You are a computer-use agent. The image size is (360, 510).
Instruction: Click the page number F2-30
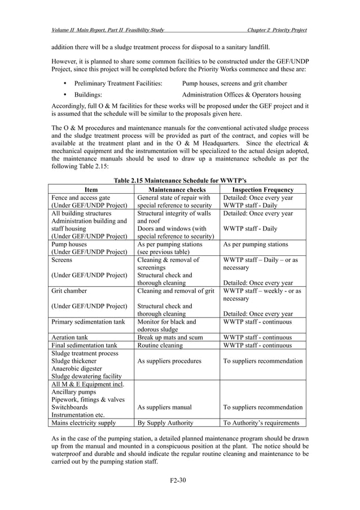coord(179,481)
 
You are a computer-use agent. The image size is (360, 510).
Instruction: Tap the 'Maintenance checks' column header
coord(176,190)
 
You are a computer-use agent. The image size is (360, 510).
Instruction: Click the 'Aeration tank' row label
coord(72,337)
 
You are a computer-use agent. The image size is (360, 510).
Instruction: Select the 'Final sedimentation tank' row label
coord(84,345)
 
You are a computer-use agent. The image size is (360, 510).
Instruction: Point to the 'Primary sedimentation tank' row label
coord(87,322)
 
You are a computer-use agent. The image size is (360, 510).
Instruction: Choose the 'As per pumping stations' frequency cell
coord(256,245)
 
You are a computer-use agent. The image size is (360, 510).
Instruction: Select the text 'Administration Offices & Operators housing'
coord(241,95)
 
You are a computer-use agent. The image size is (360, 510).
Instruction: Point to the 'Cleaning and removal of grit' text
coord(176,291)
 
